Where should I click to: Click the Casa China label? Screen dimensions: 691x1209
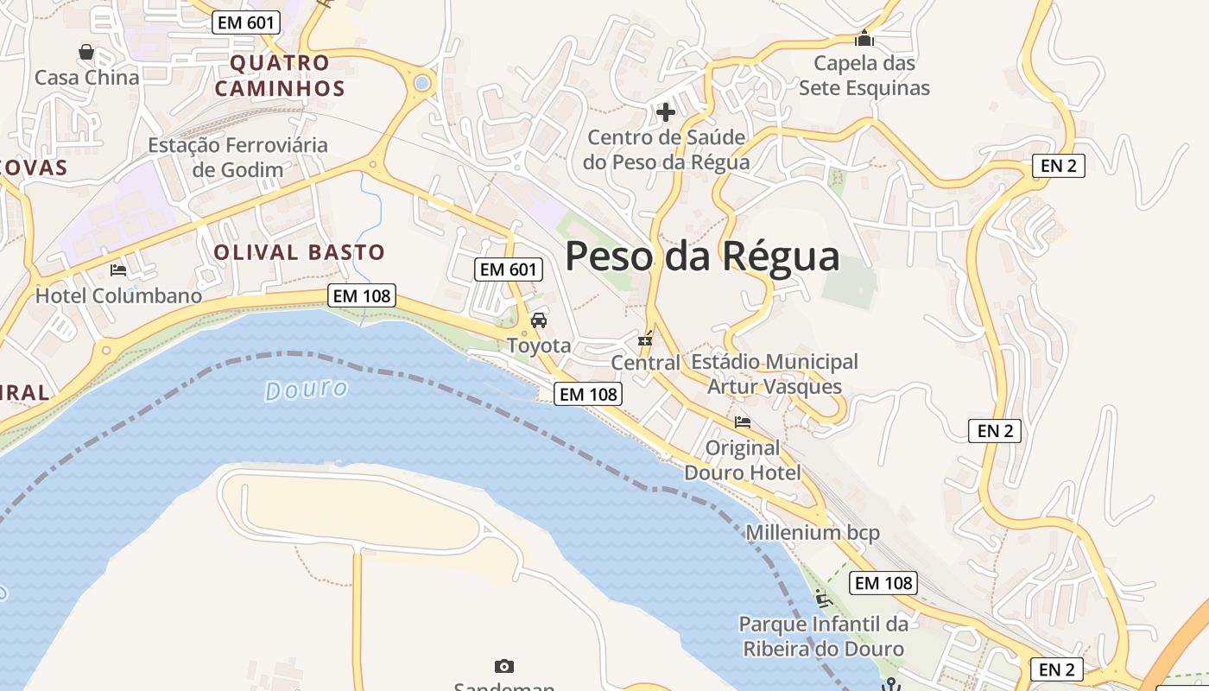86,78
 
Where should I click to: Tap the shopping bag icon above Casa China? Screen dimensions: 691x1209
86,52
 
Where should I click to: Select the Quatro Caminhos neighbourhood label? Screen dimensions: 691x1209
280,75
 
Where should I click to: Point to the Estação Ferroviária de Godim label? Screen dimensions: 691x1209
237,156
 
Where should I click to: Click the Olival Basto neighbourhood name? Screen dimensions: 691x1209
299,252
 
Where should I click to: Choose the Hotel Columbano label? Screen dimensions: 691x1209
118,295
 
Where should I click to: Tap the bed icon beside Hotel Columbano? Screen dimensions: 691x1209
118,270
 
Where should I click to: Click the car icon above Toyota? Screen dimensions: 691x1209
539,320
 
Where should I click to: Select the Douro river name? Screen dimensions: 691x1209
307,390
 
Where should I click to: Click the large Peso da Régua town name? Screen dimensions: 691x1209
702,257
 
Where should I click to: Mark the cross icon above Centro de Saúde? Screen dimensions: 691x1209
666,112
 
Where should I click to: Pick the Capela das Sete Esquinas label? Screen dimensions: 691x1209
864,75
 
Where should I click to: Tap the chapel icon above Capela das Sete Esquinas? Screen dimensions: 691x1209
864,39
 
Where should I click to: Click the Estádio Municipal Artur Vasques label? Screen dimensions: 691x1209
775,373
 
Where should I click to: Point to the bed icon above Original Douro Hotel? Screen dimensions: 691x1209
742,422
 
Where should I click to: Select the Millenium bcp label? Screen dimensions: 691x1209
812,532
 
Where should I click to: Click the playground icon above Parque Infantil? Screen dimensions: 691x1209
822,598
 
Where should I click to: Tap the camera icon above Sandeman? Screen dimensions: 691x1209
504,666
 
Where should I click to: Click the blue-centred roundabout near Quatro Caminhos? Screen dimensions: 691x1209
422,83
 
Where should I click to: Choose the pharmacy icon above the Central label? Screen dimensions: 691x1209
645,339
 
